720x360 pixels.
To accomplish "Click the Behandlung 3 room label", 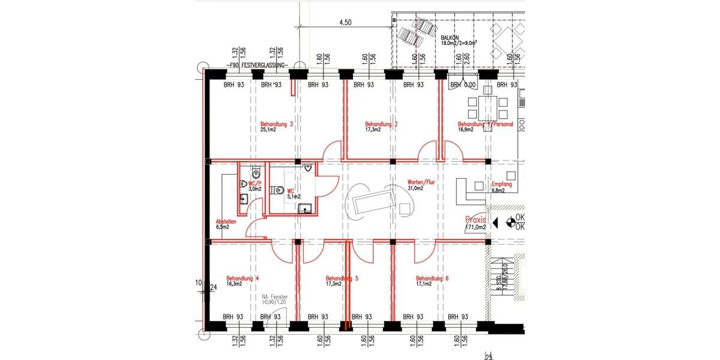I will (277, 124).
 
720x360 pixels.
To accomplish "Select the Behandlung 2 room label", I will (381, 124).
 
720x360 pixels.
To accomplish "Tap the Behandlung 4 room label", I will (242, 278).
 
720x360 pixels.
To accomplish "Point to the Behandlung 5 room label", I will (342, 278).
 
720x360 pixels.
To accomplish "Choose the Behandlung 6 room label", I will (433, 278).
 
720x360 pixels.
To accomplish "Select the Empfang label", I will (502, 184).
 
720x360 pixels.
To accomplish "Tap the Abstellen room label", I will (226, 221).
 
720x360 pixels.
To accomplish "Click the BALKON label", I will (450, 37).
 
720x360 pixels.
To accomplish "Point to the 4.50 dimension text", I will (345, 22).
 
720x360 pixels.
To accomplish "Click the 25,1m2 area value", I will (268, 130).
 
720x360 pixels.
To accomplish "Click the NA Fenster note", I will (275, 297).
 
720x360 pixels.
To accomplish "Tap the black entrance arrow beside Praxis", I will (495, 223).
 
